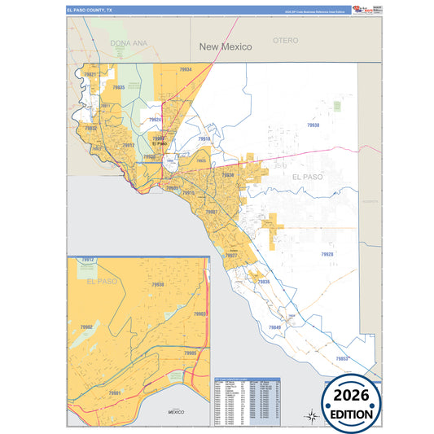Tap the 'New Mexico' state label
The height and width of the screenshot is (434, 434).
coord(226,47)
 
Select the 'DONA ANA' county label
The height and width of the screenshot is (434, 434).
coord(129,42)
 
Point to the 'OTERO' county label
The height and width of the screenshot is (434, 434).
coord(286,40)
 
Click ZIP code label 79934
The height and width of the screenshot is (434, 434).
coord(186,70)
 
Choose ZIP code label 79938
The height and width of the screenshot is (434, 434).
coord(313,125)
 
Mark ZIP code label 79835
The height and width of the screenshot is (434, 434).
coord(119,87)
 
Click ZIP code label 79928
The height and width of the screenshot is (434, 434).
coord(327,255)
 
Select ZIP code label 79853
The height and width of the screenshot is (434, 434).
coord(342,358)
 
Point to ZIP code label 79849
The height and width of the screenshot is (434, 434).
coord(274,327)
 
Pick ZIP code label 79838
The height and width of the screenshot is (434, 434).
coord(264,282)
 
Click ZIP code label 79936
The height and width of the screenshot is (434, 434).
coord(228,175)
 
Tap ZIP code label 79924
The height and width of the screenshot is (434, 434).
coord(155,121)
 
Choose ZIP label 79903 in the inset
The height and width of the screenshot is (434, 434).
coord(200,313)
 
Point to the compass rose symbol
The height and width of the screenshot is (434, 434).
coord(310,417)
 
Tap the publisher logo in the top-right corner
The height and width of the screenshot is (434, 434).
coord(362,9)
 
